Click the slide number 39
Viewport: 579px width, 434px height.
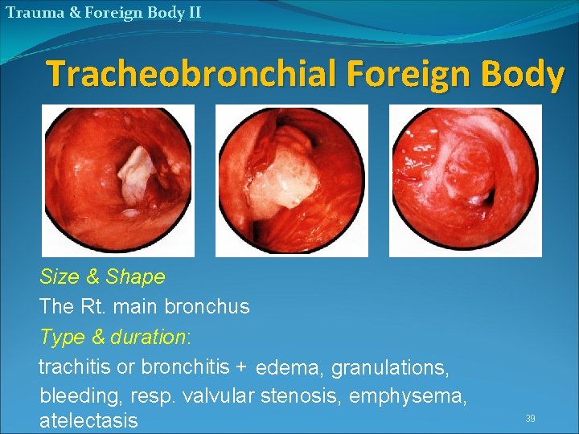tap(530, 418)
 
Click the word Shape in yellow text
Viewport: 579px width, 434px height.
tap(135, 277)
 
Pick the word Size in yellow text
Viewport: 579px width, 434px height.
tap(58, 277)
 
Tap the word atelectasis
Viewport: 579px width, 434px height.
tap(88, 420)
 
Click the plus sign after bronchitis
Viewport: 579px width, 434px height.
tap(241, 367)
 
